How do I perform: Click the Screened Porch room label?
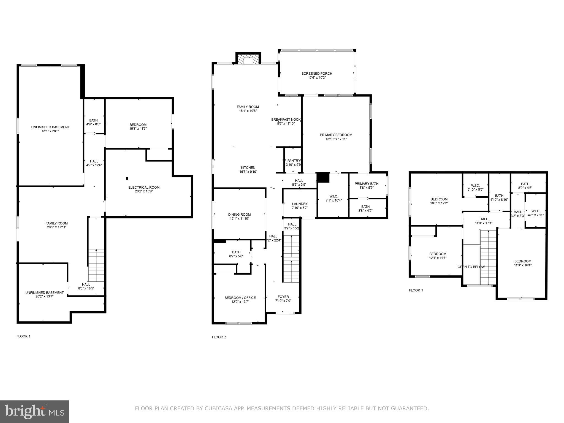pos(317,74)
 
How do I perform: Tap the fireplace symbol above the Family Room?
pos(248,59)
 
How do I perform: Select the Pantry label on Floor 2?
pos(294,161)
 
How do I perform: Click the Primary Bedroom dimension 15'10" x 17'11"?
pos(336,139)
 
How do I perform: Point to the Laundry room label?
pos(300,204)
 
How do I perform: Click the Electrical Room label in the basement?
pos(144,188)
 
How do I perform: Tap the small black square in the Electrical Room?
pos(127,178)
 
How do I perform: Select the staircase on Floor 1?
pos(96,264)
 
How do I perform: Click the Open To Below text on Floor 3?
pos(471,267)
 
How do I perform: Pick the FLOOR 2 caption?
pos(219,337)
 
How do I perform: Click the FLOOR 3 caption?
pos(416,290)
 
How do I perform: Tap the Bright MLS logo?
pos(34,411)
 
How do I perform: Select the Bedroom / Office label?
pos(240,298)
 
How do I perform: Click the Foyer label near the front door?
pos(283,297)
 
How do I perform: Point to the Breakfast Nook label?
pos(286,120)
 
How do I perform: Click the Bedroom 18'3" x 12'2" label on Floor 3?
pos(439,199)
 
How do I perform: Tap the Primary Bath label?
pos(366,184)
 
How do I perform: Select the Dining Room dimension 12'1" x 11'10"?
pos(239,219)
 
